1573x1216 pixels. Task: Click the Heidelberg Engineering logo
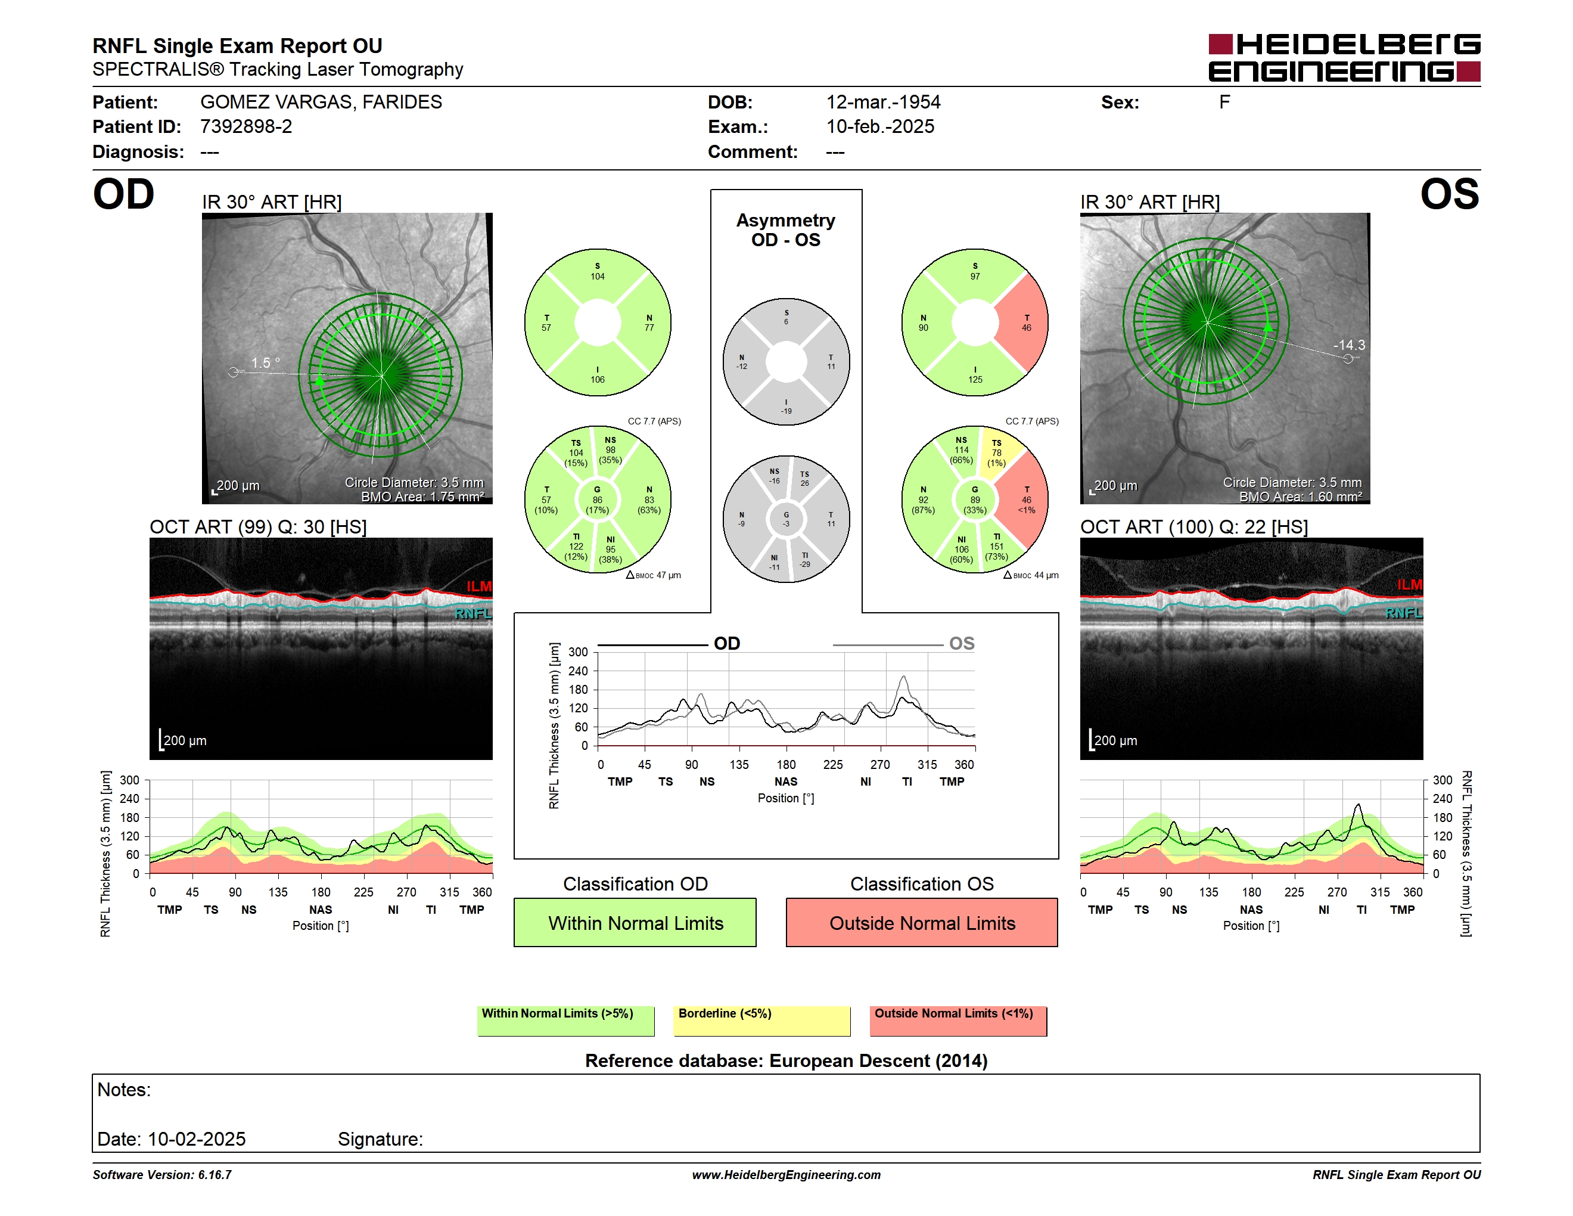click(1344, 58)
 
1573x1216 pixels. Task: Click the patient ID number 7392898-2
click(246, 127)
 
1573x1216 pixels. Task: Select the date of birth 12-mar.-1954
click(883, 103)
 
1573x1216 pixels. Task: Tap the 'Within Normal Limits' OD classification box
click(635, 922)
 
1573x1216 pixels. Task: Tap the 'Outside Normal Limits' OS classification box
click(922, 922)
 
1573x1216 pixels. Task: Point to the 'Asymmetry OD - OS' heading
click(786, 230)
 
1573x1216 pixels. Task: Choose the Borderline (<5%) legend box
click(761, 1020)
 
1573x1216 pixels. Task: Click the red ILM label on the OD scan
click(479, 587)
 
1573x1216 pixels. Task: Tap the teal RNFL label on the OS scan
click(1404, 613)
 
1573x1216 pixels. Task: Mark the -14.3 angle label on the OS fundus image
click(1348, 345)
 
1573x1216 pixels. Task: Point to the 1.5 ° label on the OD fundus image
click(265, 363)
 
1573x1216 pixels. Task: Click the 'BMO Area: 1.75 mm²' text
click(423, 497)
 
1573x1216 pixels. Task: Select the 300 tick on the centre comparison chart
click(579, 652)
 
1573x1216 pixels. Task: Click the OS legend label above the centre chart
click(962, 643)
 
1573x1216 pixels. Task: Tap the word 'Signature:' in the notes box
click(380, 1139)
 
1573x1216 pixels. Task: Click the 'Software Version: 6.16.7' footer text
click(162, 1175)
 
